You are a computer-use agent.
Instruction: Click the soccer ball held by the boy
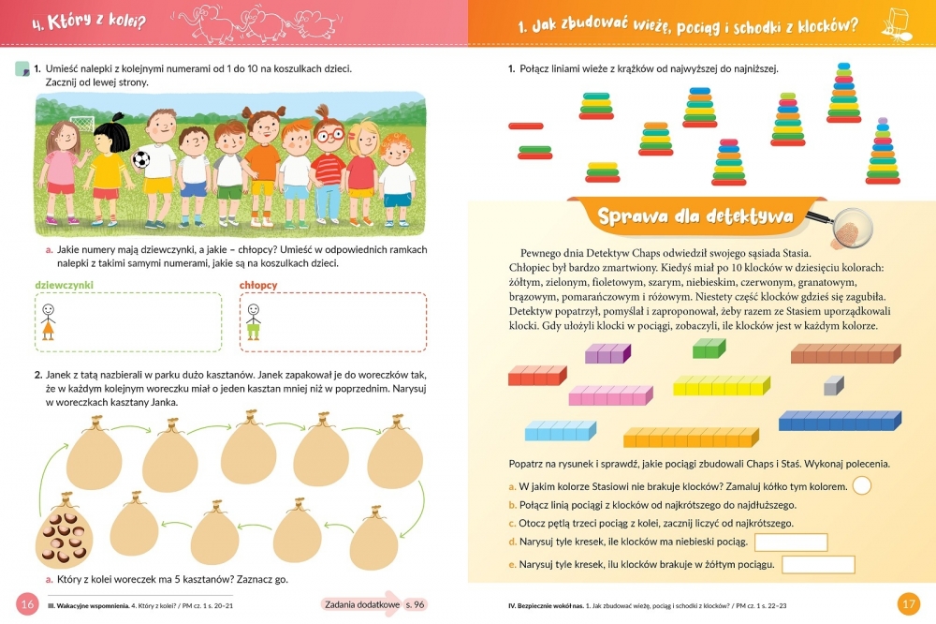[141, 159]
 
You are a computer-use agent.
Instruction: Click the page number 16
[27, 603]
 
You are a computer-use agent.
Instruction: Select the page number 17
[908, 603]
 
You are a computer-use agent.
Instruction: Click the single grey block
[833, 385]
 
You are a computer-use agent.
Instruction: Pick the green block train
[709, 349]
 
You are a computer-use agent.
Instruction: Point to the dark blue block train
[840, 421]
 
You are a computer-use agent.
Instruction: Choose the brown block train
[846, 353]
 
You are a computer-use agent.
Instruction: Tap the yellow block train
[722, 385]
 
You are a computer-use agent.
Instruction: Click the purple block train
[607, 353]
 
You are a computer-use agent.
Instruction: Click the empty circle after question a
[862, 485]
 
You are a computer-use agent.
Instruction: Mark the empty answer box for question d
[791, 542]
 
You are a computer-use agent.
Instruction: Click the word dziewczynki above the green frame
[64, 285]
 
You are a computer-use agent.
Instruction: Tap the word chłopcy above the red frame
[258, 285]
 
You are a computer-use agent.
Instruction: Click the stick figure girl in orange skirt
[49, 321]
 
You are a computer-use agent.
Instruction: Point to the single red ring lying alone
[526, 126]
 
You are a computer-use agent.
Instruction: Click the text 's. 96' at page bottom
[415, 604]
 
